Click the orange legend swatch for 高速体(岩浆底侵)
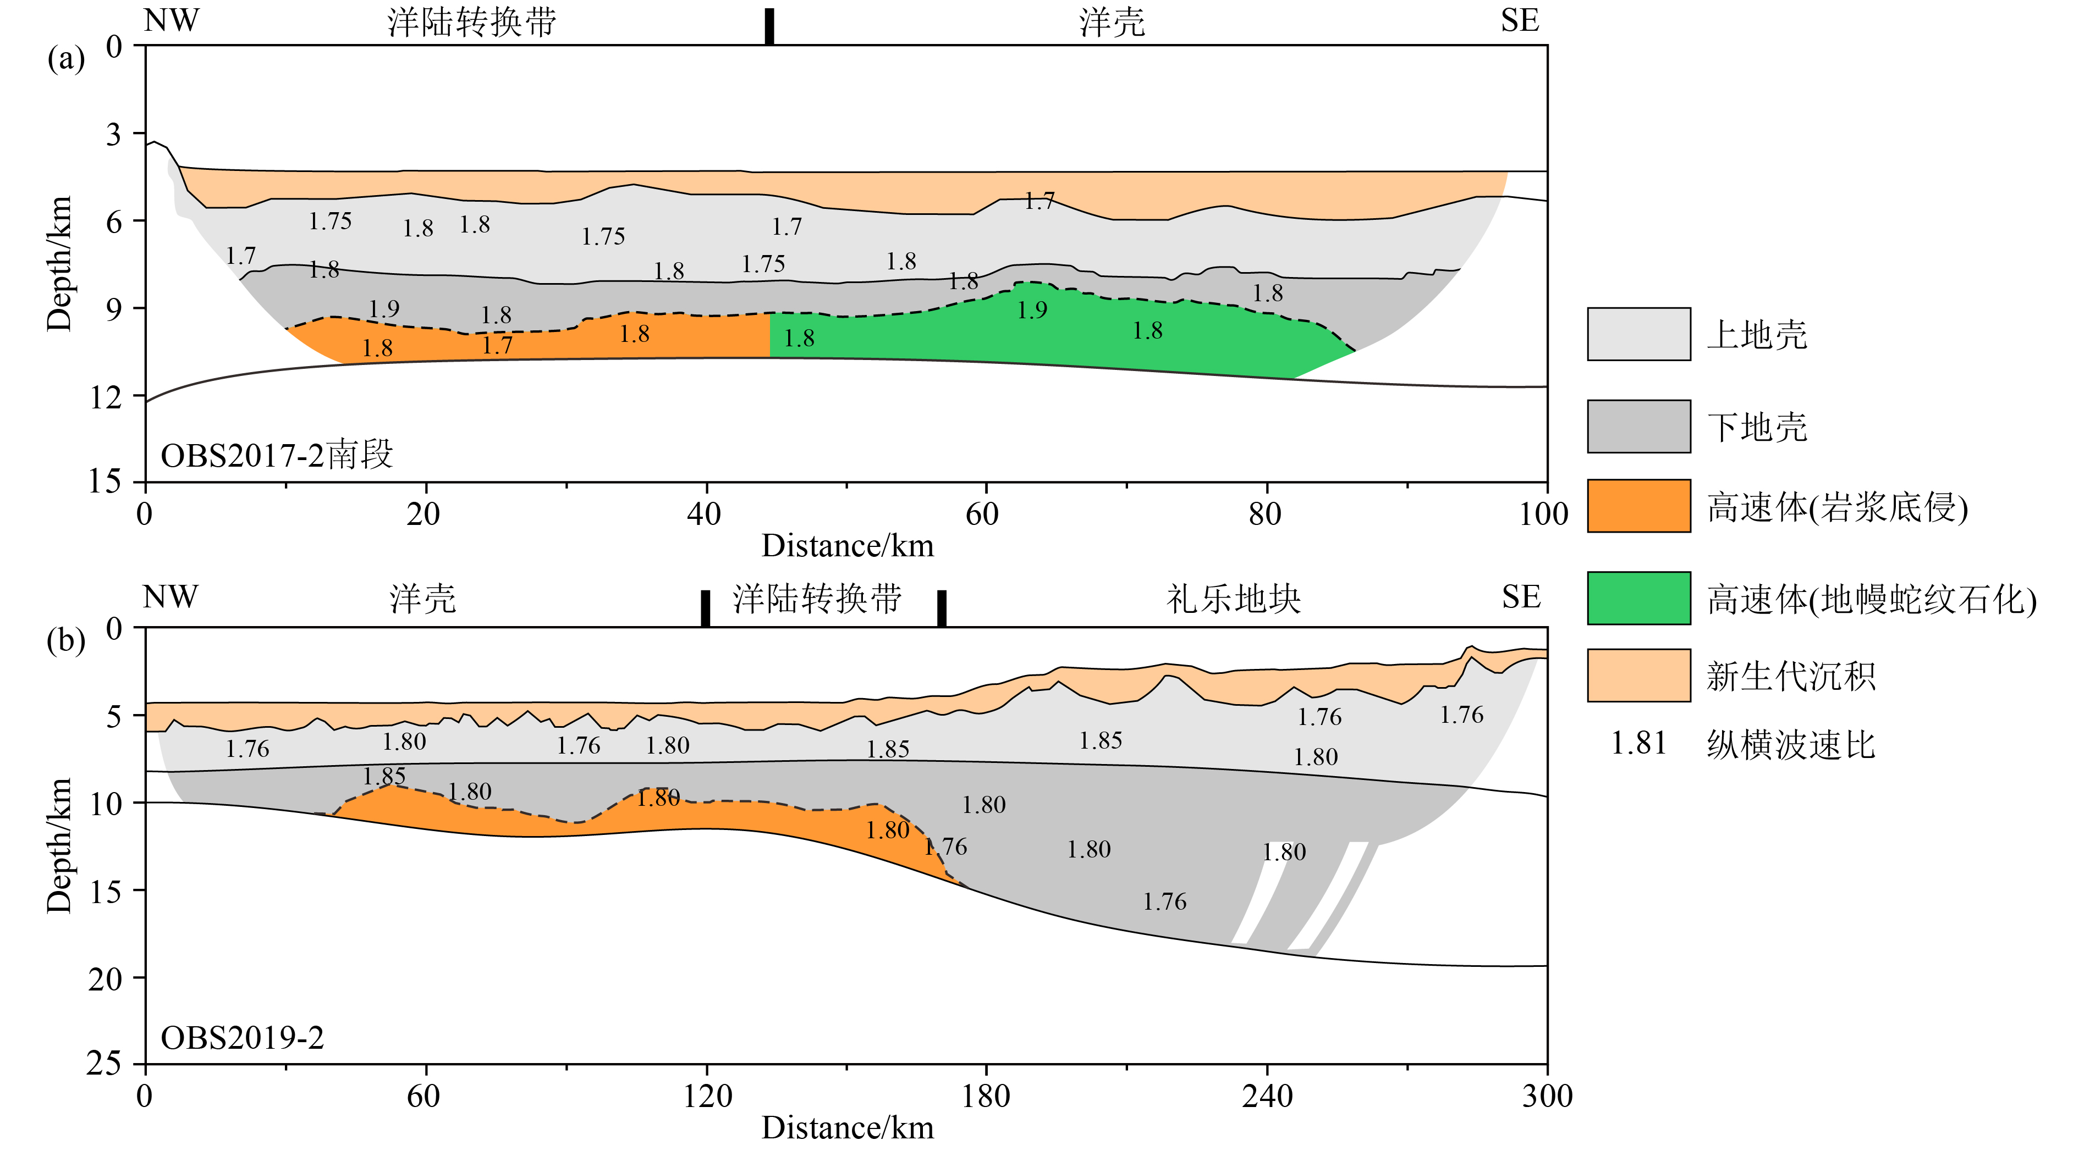[1638, 506]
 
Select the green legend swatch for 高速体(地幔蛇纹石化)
[1638, 597]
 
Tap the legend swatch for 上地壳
[1638, 334]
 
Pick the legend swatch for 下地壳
[1638, 426]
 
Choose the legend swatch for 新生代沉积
[1638, 675]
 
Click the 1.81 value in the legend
[1638, 743]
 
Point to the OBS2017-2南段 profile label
[277, 456]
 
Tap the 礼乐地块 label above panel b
[1233, 599]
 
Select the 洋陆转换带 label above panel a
[472, 23]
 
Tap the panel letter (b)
[65, 641]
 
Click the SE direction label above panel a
[1520, 21]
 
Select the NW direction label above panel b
[169, 597]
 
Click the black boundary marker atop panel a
[769, 26]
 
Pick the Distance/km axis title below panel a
[848, 546]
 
